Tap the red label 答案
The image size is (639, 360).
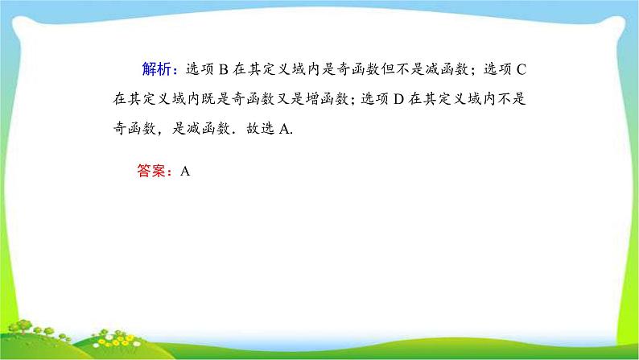150,171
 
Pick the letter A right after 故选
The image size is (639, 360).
283,130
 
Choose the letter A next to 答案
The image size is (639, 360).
184,171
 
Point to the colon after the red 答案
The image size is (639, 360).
170,172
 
